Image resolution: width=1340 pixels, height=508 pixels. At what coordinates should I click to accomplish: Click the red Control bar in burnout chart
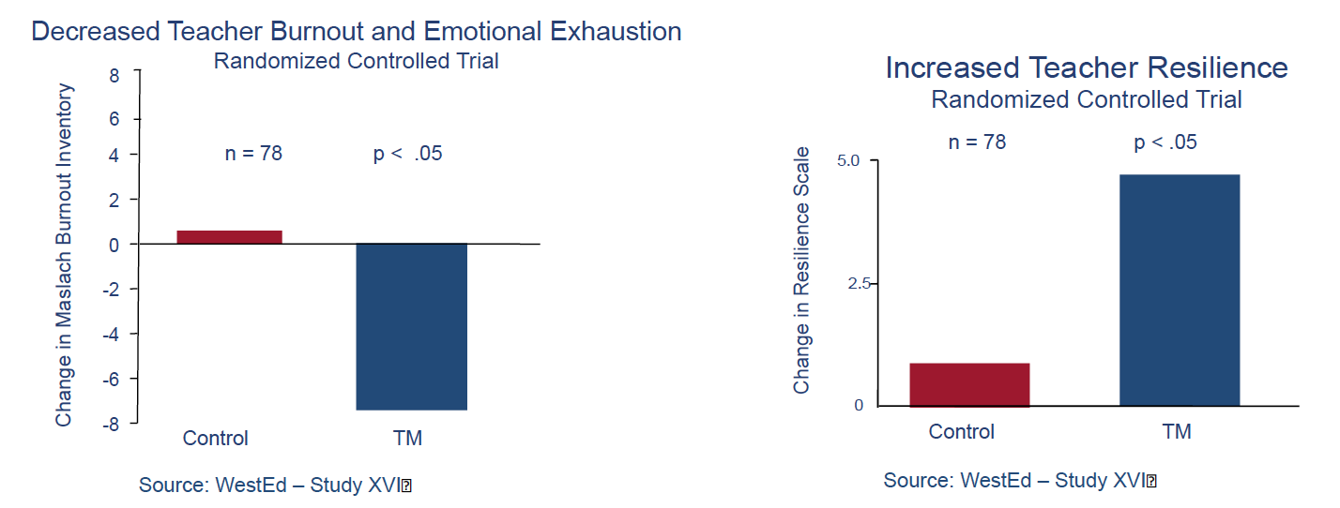coord(229,237)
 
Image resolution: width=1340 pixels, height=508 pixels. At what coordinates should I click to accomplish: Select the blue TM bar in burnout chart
coord(412,326)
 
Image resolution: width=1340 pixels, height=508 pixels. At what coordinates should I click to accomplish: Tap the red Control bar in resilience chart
coord(969,384)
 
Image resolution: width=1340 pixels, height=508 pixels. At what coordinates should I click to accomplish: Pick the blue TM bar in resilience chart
coord(1180,291)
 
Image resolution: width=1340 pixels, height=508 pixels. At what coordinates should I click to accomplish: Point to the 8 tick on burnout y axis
coord(114,75)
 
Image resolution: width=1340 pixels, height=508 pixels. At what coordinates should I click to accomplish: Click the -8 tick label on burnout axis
coord(111,425)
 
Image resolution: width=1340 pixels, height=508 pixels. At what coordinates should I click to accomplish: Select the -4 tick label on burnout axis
coord(111,334)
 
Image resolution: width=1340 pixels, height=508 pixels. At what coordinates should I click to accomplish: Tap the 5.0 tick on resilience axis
coord(847,160)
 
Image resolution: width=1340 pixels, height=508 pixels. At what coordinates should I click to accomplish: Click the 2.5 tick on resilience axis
coord(859,283)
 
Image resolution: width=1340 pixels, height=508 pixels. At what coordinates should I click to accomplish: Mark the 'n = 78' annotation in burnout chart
coord(253,154)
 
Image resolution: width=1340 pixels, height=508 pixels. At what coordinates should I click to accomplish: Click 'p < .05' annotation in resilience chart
coord(1165,142)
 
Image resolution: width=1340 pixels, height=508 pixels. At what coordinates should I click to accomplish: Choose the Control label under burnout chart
coord(216,438)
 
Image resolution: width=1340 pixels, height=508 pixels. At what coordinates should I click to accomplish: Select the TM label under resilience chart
coord(1177,431)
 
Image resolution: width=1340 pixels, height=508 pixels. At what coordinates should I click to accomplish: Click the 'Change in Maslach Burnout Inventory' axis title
coord(64,255)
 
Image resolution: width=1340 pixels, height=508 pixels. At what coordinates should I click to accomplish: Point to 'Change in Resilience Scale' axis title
coord(801,270)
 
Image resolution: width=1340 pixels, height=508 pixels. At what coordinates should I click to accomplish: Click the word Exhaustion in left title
coord(616,31)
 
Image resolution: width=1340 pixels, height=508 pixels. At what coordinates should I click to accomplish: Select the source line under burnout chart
coord(275,485)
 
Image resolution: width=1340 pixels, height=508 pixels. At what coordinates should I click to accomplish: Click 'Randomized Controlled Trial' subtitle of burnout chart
coord(356,61)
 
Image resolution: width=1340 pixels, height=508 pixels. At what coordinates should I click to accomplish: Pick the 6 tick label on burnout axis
coord(114,119)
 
